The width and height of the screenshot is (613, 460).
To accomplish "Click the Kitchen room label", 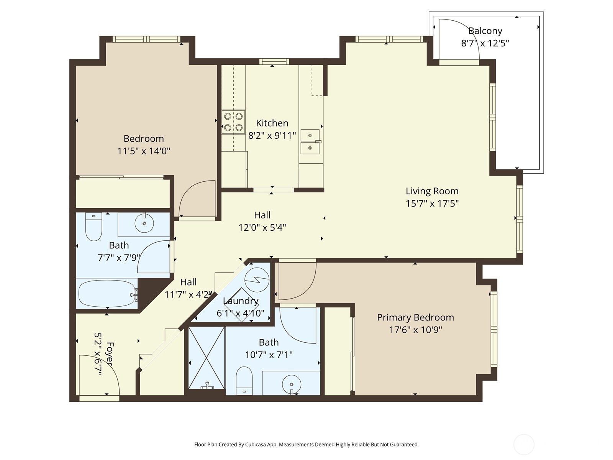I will [272, 123].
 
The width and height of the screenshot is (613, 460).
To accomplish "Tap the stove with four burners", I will [233, 122].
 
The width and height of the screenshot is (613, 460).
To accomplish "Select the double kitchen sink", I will [310, 141].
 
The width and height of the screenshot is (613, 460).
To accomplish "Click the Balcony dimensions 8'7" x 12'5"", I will [485, 43].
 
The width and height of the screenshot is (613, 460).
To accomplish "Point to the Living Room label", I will [432, 191].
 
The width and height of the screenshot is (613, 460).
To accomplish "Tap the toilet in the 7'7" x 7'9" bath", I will [93, 228].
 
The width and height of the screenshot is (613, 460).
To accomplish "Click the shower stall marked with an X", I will [207, 357].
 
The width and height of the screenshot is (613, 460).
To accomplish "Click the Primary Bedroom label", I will [415, 317].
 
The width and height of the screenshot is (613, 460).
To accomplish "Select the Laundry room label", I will [241, 301].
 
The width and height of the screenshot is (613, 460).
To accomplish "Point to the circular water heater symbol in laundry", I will [257, 280].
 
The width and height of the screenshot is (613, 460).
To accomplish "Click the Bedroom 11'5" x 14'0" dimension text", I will [144, 151].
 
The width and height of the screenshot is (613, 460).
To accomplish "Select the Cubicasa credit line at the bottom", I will [306, 445].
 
